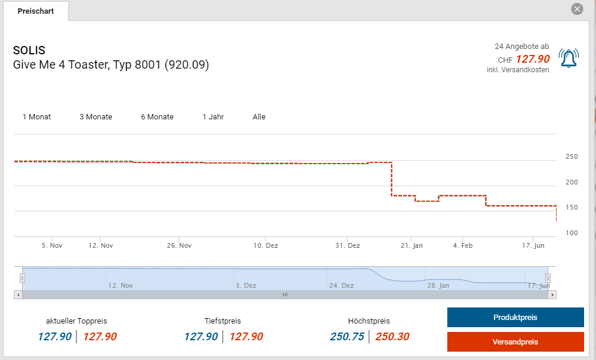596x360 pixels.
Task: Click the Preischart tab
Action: coord(36,11)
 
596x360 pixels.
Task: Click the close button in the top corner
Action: coord(577,9)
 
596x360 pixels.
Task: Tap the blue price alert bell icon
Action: coord(569,58)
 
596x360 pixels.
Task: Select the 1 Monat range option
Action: coord(36,117)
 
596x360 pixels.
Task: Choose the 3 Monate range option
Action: coord(96,117)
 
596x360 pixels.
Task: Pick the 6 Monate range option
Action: coord(157,117)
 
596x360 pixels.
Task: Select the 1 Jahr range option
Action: coord(213,117)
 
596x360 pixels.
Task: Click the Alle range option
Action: coord(259,117)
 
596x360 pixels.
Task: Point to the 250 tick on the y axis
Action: coord(572,157)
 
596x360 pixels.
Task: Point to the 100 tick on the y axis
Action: coord(572,233)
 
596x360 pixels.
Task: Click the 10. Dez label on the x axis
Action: coord(266,245)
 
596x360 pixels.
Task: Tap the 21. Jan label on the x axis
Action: coord(411,245)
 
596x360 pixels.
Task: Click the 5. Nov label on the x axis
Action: coord(52,245)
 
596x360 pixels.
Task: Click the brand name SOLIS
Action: coord(29,51)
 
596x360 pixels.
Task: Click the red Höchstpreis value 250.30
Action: coord(392,337)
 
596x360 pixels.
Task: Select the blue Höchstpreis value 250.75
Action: coord(347,337)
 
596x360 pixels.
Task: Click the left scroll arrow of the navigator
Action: coord(18,294)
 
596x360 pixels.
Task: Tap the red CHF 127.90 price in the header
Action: coord(532,59)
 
